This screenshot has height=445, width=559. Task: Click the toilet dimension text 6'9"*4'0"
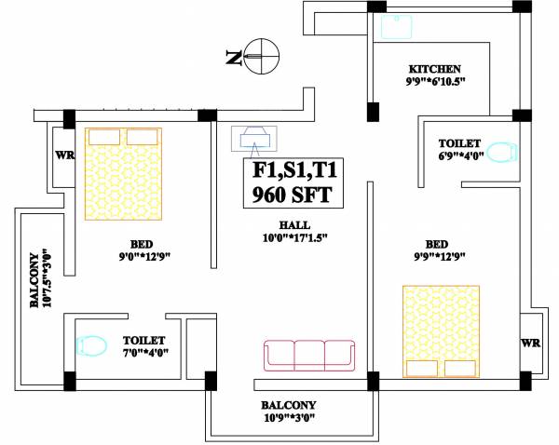(x=459, y=156)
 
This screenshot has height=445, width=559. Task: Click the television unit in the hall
(x=253, y=139)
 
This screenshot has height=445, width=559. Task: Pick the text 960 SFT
(x=291, y=196)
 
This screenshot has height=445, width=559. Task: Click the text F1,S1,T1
(x=291, y=171)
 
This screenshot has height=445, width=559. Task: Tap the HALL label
(x=294, y=224)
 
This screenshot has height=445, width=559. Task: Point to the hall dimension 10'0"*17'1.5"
(x=294, y=237)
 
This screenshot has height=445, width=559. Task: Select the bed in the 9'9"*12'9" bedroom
(x=442, y=330)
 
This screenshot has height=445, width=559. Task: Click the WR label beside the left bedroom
(x=64, y=155)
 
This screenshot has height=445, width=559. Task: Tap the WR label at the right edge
(x=528, y=343)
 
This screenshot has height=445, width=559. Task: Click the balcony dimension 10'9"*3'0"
(x=288, y=418)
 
